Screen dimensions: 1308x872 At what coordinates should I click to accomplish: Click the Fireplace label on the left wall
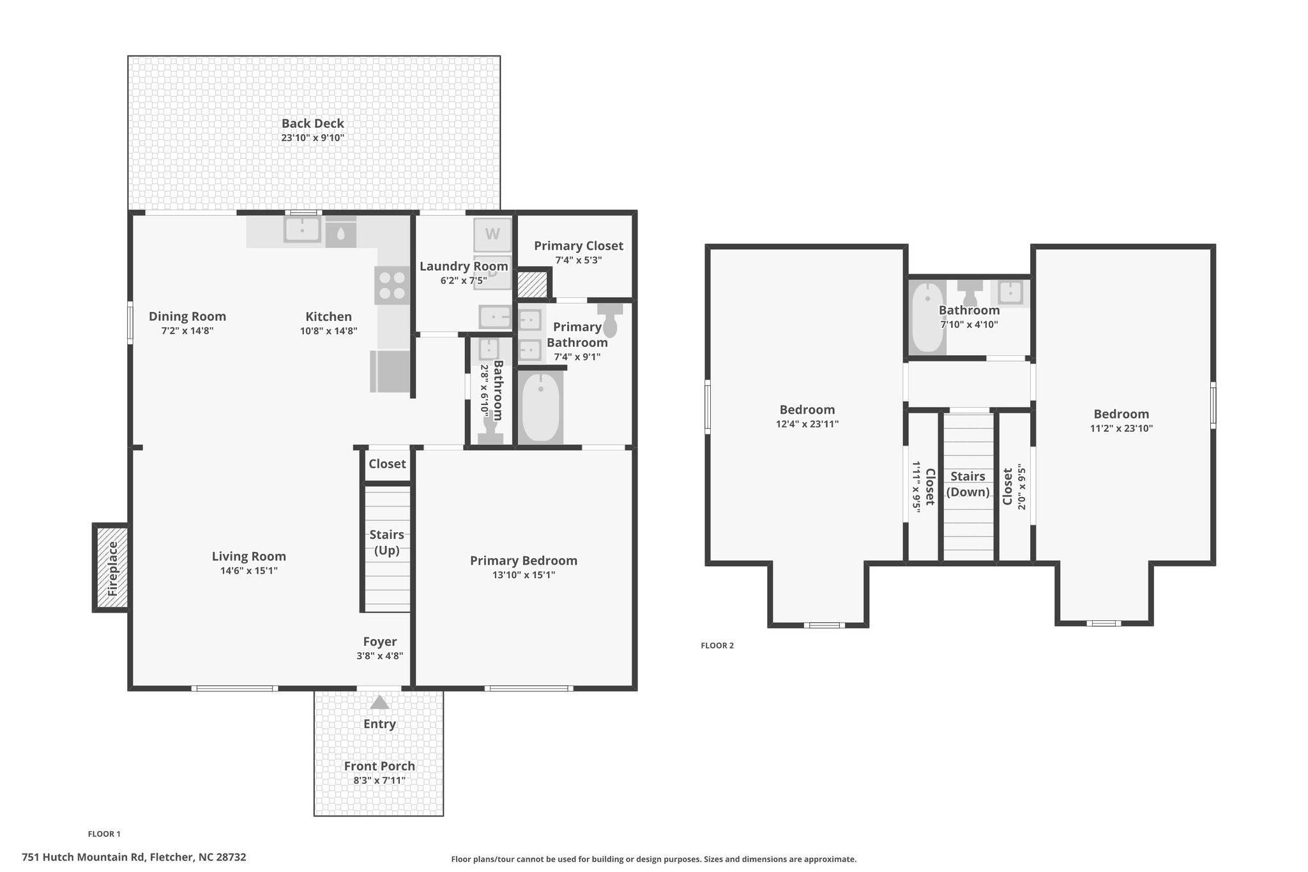113,569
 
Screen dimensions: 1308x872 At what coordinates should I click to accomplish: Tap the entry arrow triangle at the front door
380,703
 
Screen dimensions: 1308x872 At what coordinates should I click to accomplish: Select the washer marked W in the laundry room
492,234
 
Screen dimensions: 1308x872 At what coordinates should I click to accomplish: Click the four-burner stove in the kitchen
391,285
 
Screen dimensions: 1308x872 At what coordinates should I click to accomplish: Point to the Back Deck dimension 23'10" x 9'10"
313,138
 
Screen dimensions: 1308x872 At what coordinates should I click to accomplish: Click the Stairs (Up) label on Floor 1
387,542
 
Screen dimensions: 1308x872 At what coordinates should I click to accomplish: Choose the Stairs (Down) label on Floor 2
968,484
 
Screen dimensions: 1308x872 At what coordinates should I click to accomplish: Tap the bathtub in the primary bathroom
541,408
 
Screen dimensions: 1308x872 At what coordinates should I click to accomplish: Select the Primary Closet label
579,246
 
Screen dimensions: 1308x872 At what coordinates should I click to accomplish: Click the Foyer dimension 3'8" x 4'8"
380,656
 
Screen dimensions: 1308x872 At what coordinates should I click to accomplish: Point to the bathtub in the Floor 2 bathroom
927,317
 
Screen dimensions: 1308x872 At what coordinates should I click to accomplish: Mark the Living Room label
249,556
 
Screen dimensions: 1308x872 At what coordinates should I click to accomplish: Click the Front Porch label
379,766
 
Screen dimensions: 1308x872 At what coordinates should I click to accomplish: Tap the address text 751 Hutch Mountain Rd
84,857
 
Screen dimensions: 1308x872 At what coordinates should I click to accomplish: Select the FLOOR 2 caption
717,645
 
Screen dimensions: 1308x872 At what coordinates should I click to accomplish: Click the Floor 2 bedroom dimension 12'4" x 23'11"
807,424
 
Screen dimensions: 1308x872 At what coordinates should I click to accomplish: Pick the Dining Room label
187,316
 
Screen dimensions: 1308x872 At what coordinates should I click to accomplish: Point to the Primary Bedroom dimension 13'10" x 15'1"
524,575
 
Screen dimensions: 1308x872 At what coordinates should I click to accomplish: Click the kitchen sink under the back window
302,229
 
